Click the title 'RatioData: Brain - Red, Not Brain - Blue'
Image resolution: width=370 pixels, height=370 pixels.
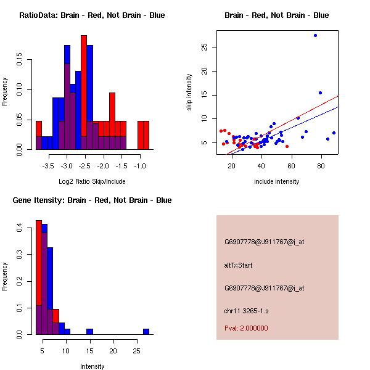click(92, 15)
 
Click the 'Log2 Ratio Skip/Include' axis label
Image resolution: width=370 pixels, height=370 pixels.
click(92, 181)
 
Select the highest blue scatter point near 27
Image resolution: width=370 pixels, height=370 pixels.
click(315, 35)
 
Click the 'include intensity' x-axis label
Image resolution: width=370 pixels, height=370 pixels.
click(276, 181)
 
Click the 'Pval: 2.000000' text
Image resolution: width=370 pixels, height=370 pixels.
click(246, 328)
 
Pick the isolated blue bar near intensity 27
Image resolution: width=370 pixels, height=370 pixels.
click(146, 331)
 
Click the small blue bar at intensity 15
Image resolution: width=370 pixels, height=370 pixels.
click(89, 331)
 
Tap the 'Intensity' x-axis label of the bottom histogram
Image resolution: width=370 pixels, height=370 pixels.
click(92, 366)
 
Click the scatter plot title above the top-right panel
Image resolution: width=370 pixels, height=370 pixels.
click(276, 15)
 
